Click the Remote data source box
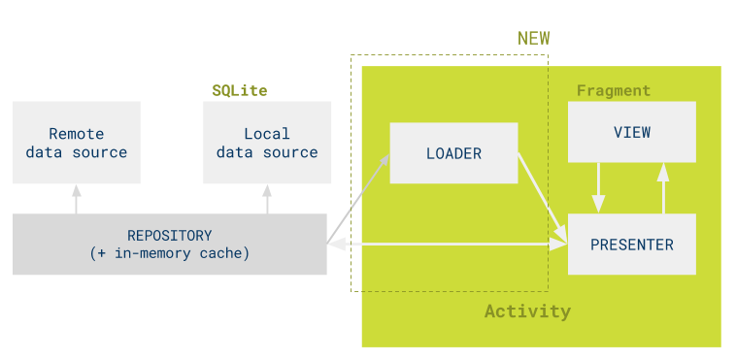(76, 143)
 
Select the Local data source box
(267, 143)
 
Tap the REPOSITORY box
(169, 245)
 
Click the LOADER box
(453, 153)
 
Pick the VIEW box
(631, 132)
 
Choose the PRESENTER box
(631, 245)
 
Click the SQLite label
(240, 90)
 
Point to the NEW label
(533, 39)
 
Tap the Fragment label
(613, 90)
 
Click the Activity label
(527, 311)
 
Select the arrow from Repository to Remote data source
(76, 198)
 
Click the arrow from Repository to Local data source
(267, 198)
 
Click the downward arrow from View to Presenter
(599, 187)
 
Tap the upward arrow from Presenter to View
(663, 187)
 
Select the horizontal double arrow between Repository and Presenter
(447, 245)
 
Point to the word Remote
(76, 134)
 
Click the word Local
(267, 134)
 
